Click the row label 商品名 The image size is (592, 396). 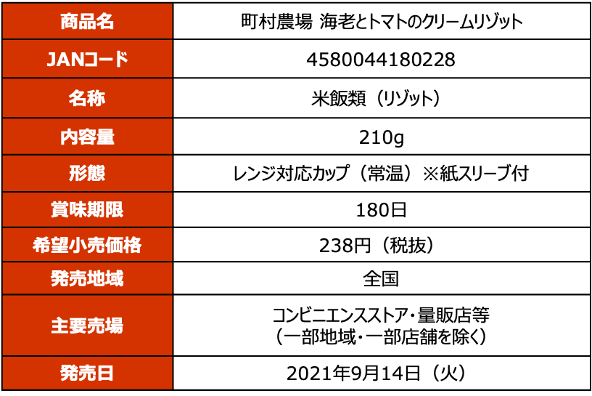[x=87, y=21]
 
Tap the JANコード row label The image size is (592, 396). [x=87, y=60]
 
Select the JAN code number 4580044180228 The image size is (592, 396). [x=381, y=60]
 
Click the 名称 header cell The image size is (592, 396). [x=87, y=98]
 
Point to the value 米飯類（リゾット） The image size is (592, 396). [x=381, y=99]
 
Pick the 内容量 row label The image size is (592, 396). [x=87, y=137]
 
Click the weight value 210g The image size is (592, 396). [x=382, y=137]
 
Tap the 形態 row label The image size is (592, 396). [x=87, y=173]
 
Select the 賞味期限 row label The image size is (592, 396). [x=87, y=209]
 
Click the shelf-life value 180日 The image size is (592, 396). [x=382, y=209]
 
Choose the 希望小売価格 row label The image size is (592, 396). [x=87, y=245]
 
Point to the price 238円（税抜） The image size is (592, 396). [x=382, y=246]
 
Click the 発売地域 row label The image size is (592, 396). [x=87, y=278]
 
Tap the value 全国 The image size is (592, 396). [x=381, y=279]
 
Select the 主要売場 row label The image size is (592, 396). [x=87, y=326]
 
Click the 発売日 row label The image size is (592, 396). [x=87, y=373]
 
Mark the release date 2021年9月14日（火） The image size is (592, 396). [x=381, y=373]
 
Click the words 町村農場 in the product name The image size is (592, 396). [x=276, y=22]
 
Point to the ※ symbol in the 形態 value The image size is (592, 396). [x=430, y=174]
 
